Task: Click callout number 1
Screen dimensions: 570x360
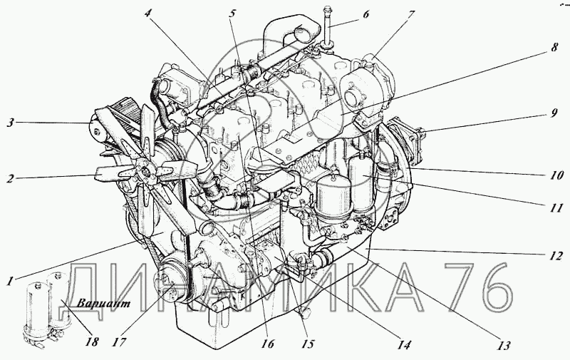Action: (x=11, y=281)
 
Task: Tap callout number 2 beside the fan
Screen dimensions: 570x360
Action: (x=11, y=178)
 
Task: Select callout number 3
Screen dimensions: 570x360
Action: (x=11, y=123)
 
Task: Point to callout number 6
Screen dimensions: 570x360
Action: (x=366, y=14)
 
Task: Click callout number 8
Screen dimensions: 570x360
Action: (x=554, y=47)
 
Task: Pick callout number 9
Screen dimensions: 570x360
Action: (x=553, y=113)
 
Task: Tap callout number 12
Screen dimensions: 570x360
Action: (x=556, y=256)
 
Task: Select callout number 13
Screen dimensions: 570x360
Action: (x=504, y=345)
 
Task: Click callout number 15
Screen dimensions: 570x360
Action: (x=307, y=344)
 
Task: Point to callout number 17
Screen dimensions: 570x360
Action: (x=120, y=342)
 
